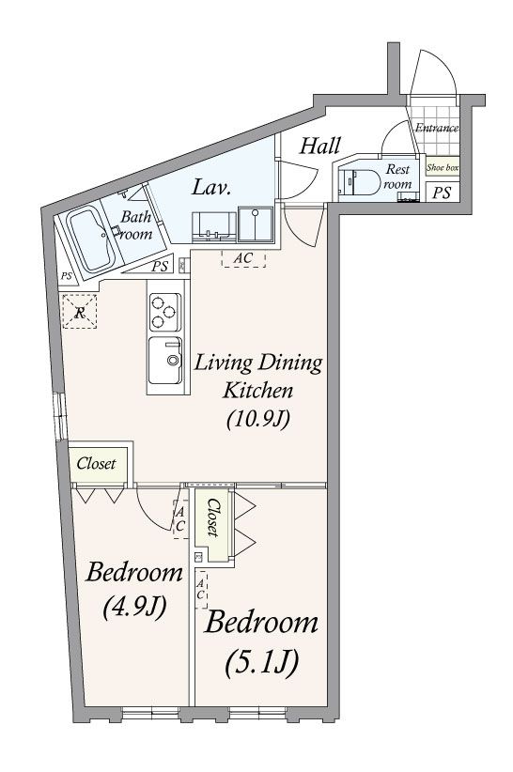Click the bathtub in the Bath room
(90, 240)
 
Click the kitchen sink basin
(165, 360)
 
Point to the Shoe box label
(443, 167)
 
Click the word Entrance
(437, 128)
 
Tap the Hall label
(320, 146)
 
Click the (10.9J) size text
(258, 420)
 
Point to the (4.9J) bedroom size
(134, 607)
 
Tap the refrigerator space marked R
(79, 311)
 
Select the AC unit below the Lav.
(243, 258)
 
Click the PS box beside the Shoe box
(442, 192)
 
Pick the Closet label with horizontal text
(96, 463)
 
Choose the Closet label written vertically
(212, 517)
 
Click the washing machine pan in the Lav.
(256, 224)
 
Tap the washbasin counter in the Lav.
(213, 227)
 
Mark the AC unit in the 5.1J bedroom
(201, 589)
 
